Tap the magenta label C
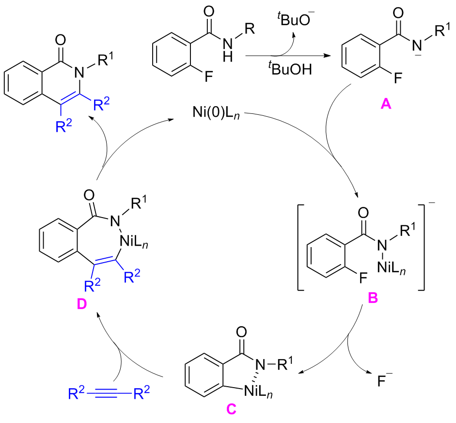click(231, 408)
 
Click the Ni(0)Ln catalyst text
click(211, 116)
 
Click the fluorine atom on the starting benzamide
click(208, 76)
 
